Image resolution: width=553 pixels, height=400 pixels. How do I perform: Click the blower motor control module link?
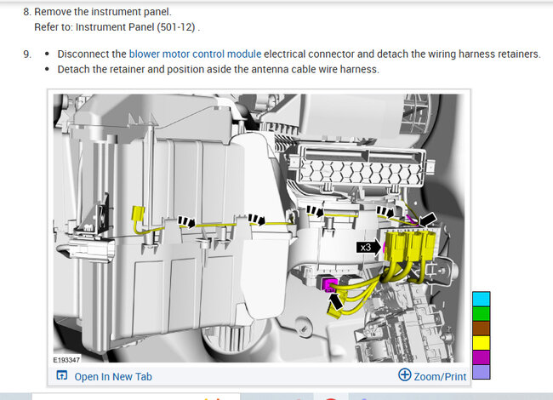click(x=195, y=54)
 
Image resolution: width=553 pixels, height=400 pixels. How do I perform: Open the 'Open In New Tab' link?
click(x=105, y=376)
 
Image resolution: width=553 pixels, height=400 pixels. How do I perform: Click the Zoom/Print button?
click(x=432, y=376)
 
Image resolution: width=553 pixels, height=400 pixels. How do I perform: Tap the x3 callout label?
click(x=366, y=248)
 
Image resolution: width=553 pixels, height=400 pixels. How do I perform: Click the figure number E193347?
click(x=66, y=360)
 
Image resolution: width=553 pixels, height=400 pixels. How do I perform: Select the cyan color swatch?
click(x=481, y=299)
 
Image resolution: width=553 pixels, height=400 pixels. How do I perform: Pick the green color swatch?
click(x=481, y=313)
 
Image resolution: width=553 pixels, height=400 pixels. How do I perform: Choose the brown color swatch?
click(x=481, y=329)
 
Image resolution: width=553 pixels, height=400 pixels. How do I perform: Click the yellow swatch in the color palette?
click(x=481, y=343)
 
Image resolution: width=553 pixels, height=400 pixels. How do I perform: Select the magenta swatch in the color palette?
click(x=481, y=357)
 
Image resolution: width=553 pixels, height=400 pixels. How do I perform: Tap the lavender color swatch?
click(x=481, y=372)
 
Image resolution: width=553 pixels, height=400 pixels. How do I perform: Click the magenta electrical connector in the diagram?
click(x=330, y=284)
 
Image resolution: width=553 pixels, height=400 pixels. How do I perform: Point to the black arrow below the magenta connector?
click(x=335, y=301)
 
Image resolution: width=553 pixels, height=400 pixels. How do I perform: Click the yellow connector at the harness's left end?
click(x=138, y=214)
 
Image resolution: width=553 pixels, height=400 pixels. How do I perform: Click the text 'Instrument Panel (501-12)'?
click(x=135, y=27)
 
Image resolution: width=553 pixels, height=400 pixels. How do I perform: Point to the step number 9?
click(x=27, y=54)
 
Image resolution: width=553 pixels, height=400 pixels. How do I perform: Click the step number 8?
click(x=27, y=12)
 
